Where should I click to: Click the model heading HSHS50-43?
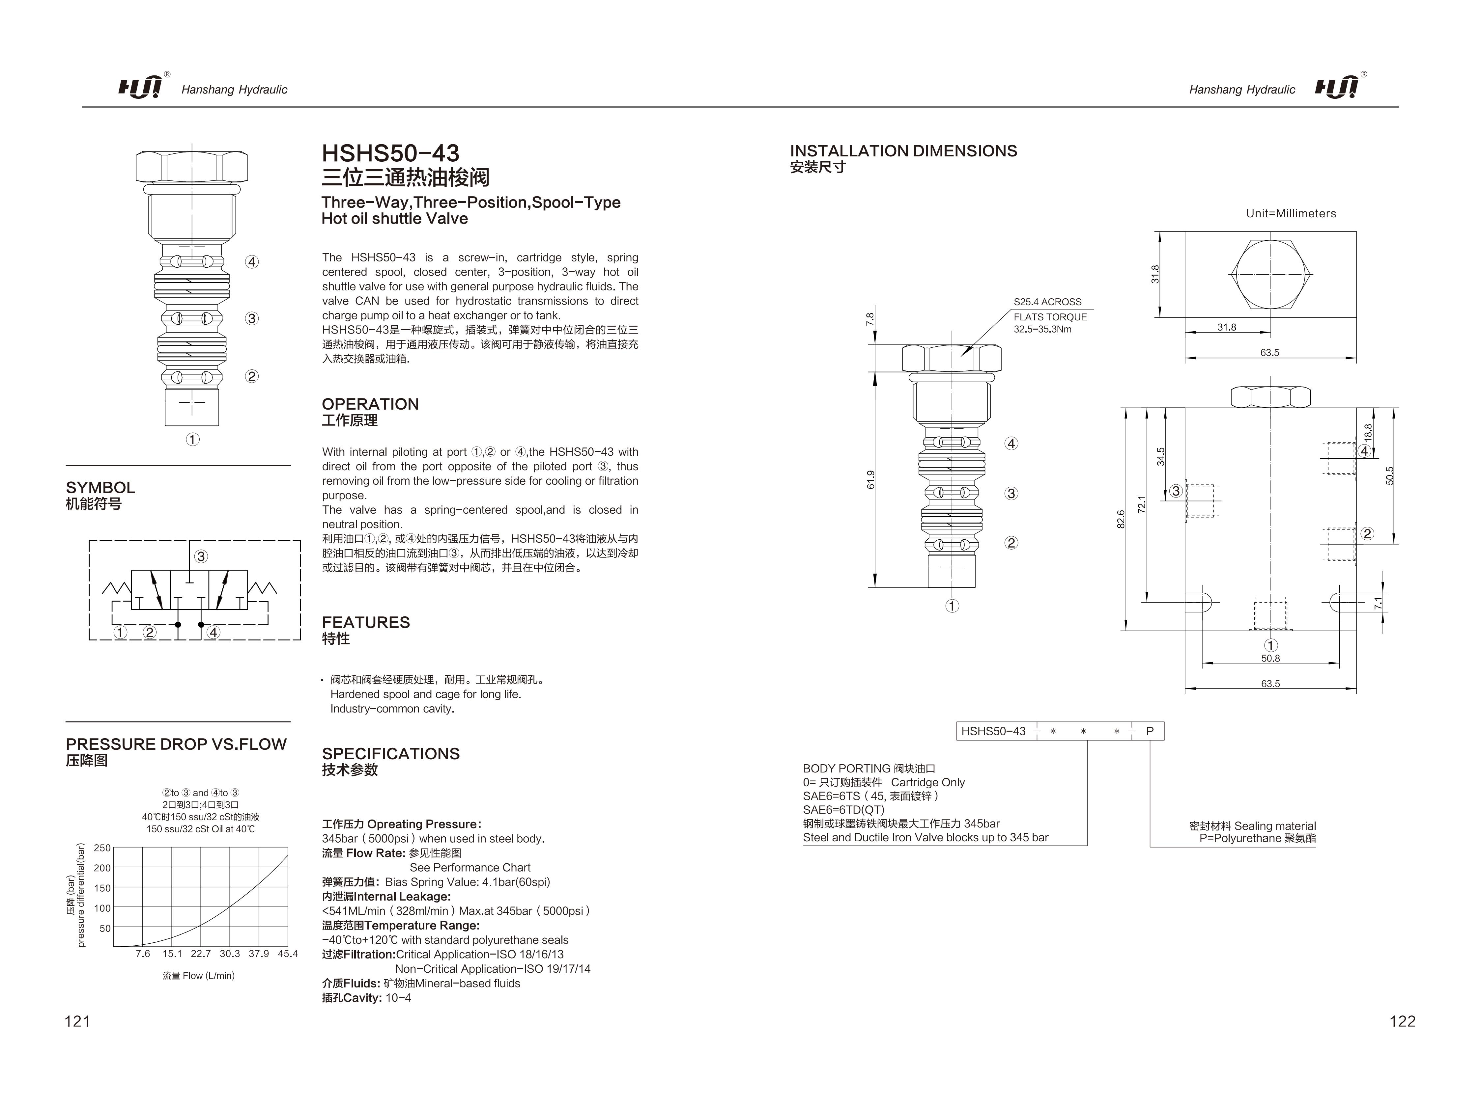390,153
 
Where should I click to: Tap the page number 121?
77,1021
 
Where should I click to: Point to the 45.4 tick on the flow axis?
288,953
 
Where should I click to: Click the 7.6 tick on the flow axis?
143,953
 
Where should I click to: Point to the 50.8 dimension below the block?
1270,658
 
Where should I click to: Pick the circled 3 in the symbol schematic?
201,556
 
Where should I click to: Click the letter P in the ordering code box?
1150,731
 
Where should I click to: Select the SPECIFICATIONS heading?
390,754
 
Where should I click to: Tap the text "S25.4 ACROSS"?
1047,302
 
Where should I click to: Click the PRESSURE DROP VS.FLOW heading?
176,744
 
